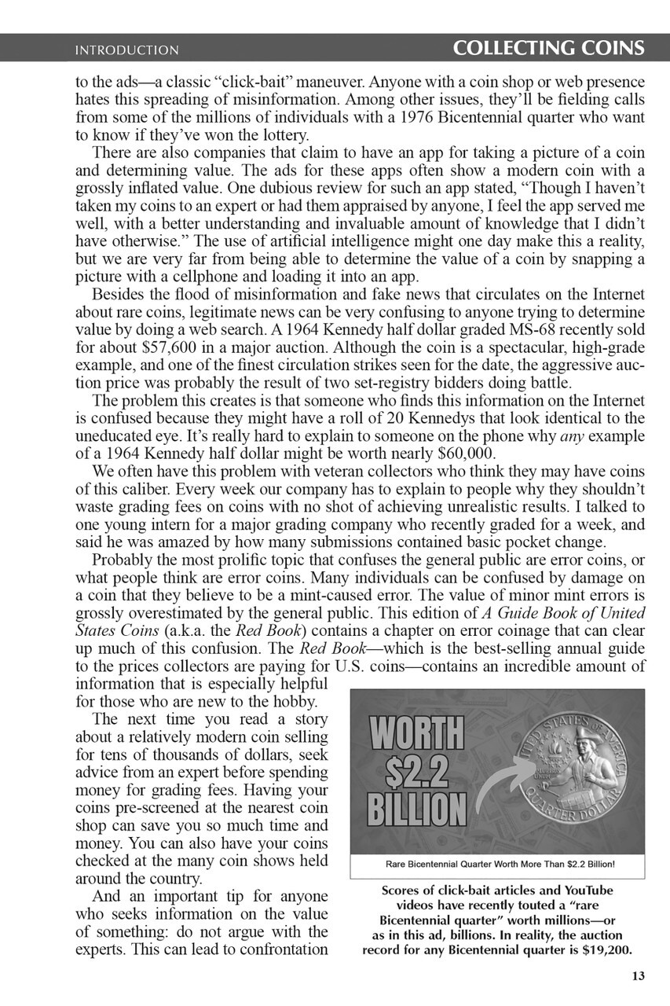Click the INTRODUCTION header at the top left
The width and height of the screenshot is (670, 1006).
(126, 50)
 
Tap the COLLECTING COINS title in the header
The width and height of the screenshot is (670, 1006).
(549, 49)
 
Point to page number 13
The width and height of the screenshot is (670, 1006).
(637, 977)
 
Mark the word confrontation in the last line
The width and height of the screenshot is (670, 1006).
(277, 949)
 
